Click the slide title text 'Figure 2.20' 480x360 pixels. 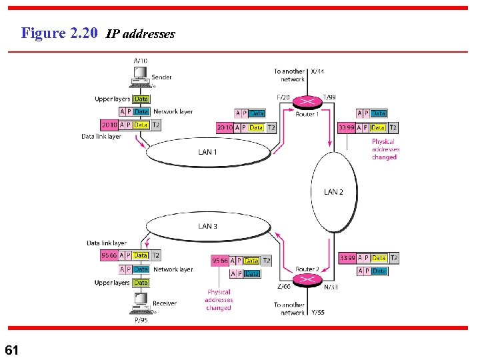coord(59,33)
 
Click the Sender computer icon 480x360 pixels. coord(141,82)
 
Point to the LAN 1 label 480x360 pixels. coord(207,152)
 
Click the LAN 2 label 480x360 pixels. coord(333,192)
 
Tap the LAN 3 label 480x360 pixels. coord(207,226)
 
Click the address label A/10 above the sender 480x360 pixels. coord(141,61)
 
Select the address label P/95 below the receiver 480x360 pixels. coord(141,320)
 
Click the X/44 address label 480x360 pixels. coord(317,71)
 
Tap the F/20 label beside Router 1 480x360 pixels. coord(283,97)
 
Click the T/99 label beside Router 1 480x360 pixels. coord(329,97)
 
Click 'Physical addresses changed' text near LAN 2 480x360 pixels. coord(384,149)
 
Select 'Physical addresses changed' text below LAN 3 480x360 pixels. coord(219,300)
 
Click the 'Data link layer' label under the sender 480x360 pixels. coord(101,136)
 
